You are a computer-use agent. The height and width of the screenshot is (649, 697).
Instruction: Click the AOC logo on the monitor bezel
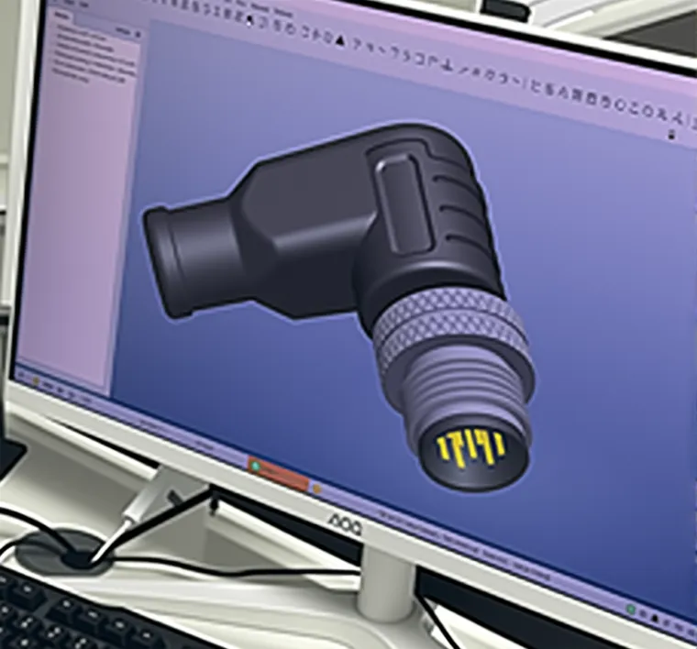pyautogui.click(x=345, y=522)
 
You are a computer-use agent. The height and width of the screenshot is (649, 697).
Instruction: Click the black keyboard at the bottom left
pyautogui.click(x=73, y=614)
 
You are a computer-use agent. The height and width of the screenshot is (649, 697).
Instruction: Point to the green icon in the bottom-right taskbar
pyautogui.click(x=633, y=609)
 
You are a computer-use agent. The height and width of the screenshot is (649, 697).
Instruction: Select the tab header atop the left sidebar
pyautogui.click(x=64, y=16)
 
